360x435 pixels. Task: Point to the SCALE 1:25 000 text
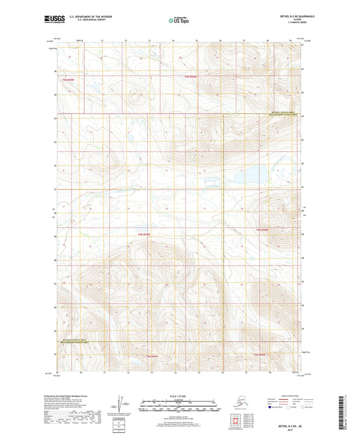point(179,395)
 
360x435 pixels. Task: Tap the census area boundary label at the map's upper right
point(284,113)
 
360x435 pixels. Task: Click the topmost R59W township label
point(192,76)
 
